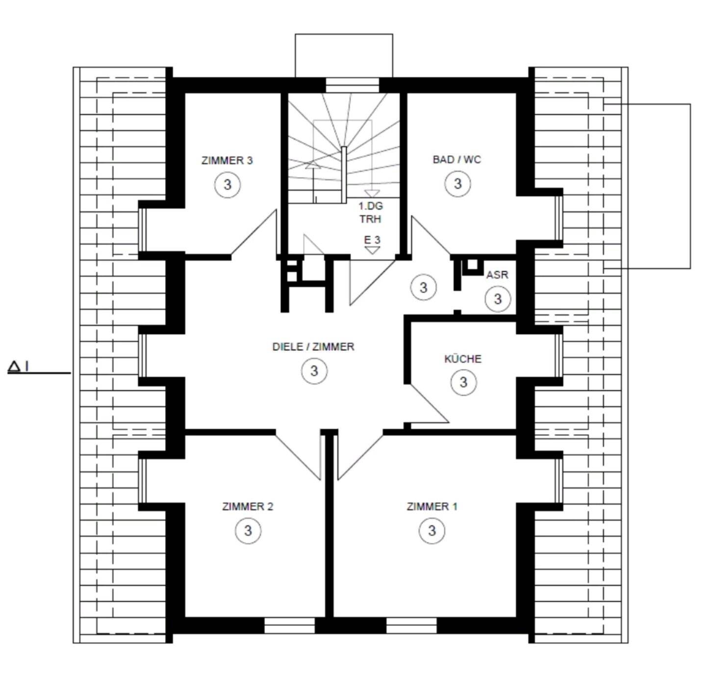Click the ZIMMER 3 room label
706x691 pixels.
point(227,160)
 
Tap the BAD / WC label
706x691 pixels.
point(457,160)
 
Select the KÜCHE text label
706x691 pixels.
point(463,359)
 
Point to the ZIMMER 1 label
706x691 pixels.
point(432,506)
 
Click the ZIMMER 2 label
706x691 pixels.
point(248,506)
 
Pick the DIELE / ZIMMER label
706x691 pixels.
point(313,347)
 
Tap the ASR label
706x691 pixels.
point(497,275)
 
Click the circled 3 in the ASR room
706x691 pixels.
point(498,299)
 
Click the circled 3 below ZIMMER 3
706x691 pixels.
point(227,184)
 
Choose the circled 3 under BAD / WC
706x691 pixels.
point(458,183)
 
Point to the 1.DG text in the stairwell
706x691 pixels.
point(371,206)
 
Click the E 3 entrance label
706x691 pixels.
point(372,240)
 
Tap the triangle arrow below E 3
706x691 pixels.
point(372,250)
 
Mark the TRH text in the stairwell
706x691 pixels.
point(371,219)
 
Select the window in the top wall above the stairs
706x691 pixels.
point(353,85)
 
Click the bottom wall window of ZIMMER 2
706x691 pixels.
point(289,626)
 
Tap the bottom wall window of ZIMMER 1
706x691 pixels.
point(411,626)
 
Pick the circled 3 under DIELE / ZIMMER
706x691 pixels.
point(314,371)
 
